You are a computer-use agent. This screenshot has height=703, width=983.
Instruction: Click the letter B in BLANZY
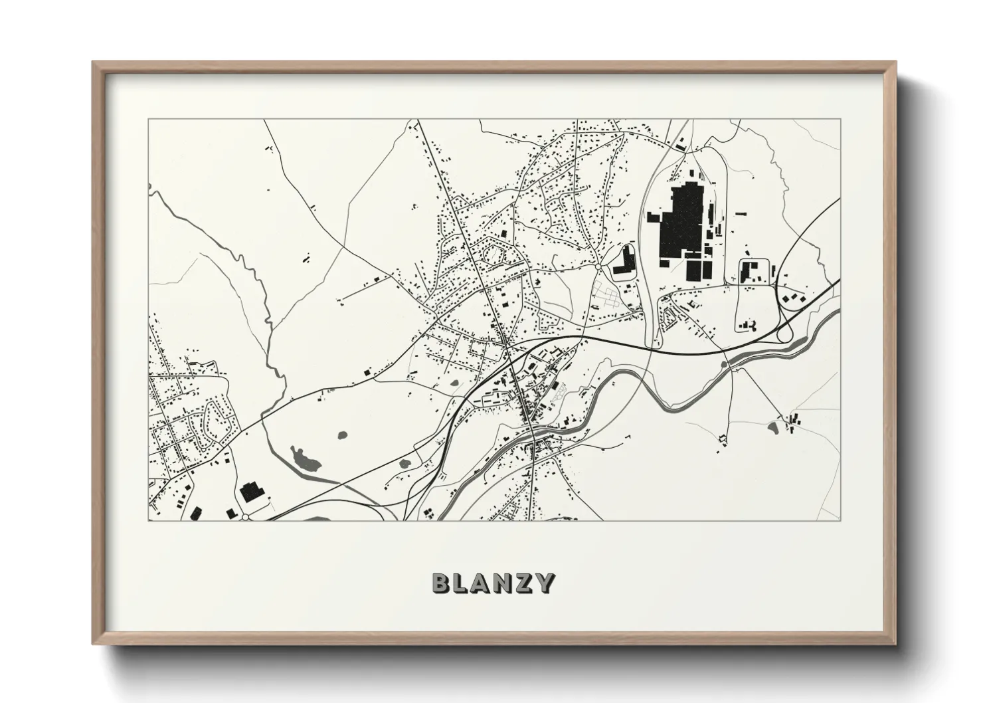442,583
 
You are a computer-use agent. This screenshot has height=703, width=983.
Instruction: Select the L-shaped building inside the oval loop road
624,263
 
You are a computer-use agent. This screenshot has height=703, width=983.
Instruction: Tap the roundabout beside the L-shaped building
598,266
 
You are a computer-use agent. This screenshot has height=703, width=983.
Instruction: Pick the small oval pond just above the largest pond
343,435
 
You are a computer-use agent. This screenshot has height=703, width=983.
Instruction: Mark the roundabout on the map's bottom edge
246,516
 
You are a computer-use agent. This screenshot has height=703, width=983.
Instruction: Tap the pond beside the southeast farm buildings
774,427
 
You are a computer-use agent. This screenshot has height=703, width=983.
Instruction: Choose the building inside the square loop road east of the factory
751,272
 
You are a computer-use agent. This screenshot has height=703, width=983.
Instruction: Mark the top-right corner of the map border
840,120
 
